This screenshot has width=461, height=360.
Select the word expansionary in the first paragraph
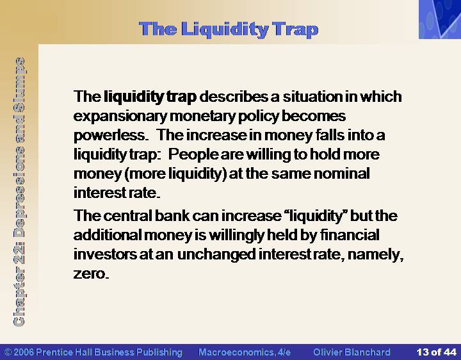click(x=120, y=117)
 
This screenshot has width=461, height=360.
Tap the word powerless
click(x=109, y=136)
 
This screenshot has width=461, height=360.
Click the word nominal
click(x=342, y=174)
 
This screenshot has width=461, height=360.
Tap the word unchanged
click(x=216, y=255)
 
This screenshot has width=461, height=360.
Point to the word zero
click(x=91, y=274)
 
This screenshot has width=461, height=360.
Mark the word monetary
click(x=202, y=117)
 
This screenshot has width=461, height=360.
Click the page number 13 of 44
click(x=437, y=352)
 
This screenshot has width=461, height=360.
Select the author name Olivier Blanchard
click(x=352, y=352)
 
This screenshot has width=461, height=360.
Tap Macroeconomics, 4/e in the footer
click(x=245, y=352)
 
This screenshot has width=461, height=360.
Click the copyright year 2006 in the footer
click(x=24, y=352)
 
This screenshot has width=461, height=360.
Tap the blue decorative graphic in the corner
click(x=440, y=19)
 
